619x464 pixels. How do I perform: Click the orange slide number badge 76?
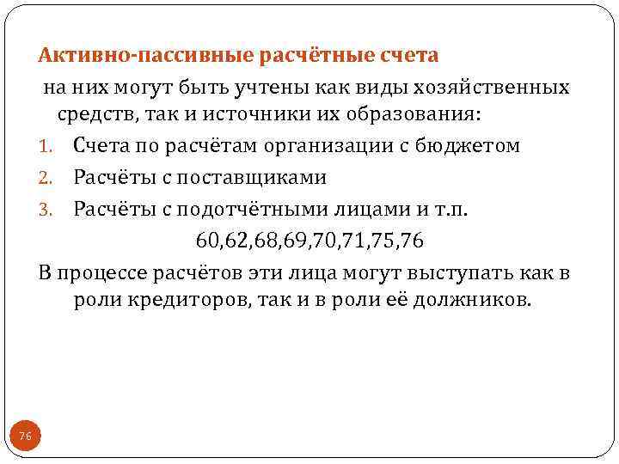click(26, 437)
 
